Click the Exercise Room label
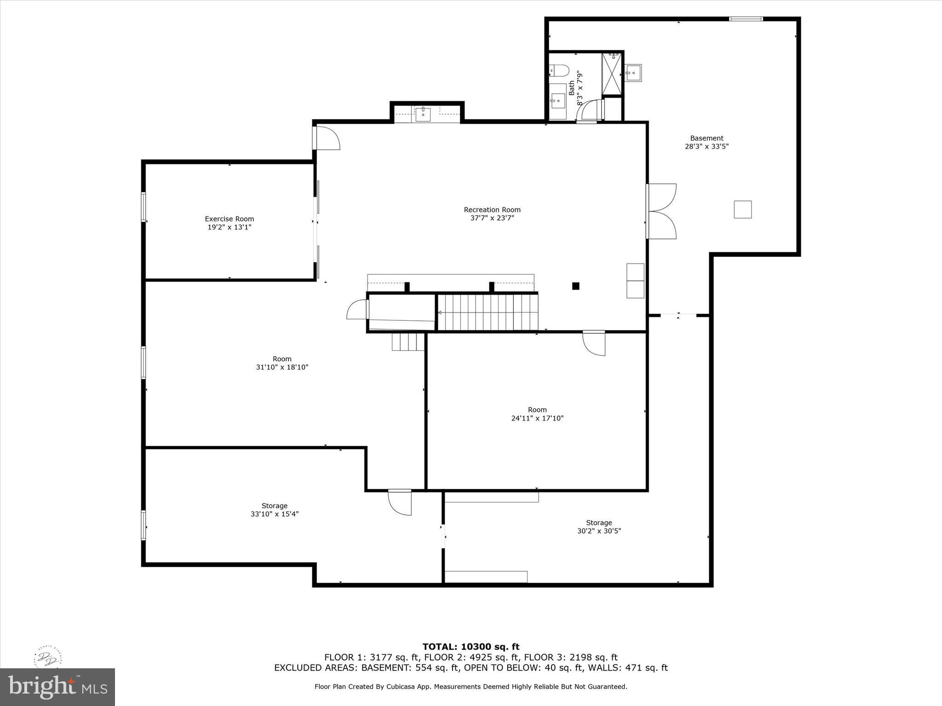click(x=229, y=219)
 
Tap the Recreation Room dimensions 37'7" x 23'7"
click(x=492, y=218)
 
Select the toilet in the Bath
click(x=559, y=71)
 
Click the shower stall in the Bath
click(x=612, y=74)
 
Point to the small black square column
click(x=575, y=286)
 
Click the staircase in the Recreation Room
click(x=488, y=313)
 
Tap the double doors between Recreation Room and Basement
click(x=661, y=211)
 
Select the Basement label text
click(x=706, y=138)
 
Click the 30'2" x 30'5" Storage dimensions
click(x=599, y=531)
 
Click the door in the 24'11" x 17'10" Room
click(x=594, y=343)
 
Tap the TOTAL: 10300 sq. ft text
click(x=471, y=647)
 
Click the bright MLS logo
click(x=57, y=687)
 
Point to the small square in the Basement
click(x=742, y=209)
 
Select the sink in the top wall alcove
click(x=423, y=114)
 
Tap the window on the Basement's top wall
click(x=746, y=19)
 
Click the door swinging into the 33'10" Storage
click(x=400, y=502)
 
